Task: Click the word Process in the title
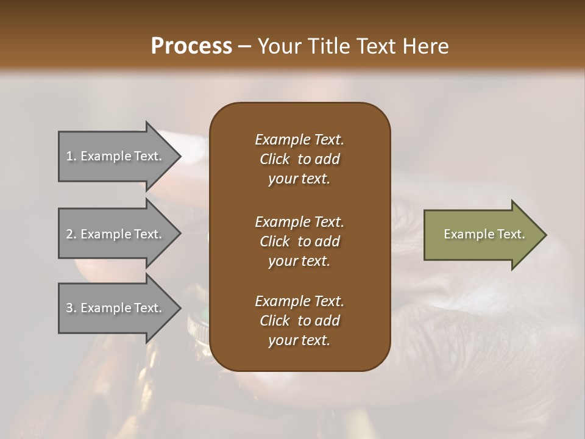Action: (x=191, y=46)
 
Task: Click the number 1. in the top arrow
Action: (x=71, y=156)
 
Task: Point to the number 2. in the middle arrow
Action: (x=71, y=234)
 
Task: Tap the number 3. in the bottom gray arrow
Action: (x=71, y=308)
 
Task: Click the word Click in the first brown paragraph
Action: (x=275, y=159)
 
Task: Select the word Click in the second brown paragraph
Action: (x=275, y=241)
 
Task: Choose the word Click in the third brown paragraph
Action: (x=275, y=321)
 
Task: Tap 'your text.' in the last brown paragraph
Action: (x=299, y=340)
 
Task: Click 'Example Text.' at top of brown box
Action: (x=299, y=140)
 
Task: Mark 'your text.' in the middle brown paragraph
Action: (x=299, y=261)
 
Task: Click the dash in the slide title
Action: (x=244, y=47)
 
